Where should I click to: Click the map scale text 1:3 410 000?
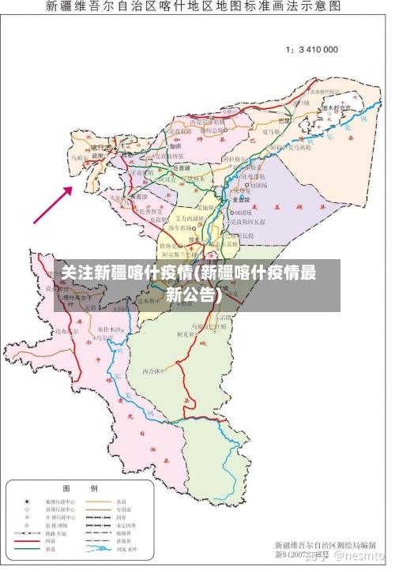click(x=311, y=49)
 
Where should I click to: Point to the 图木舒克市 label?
click(x=335, y=107)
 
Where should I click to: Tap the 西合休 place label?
click(x=152, y=370)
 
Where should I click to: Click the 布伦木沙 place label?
click(x=111, y=328)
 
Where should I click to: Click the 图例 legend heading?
click(x=79, y=488)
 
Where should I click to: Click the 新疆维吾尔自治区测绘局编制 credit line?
click(x=324, y=545)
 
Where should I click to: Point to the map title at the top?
click(x=194, y=7)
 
